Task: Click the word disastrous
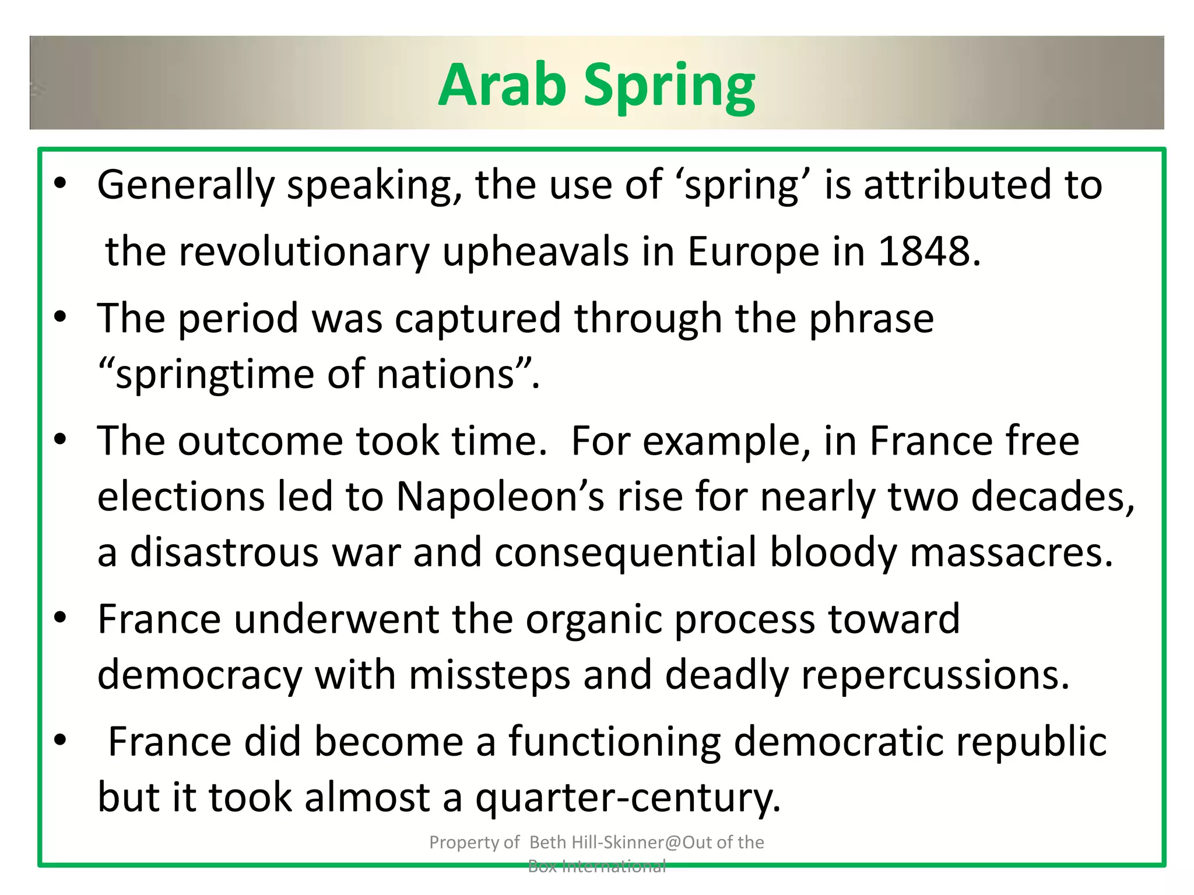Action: coord(224,552)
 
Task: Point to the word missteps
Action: coord(489,675)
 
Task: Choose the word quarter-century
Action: coord(627,798)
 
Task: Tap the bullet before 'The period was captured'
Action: coord(60,317)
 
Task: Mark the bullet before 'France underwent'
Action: coord(60,618)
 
